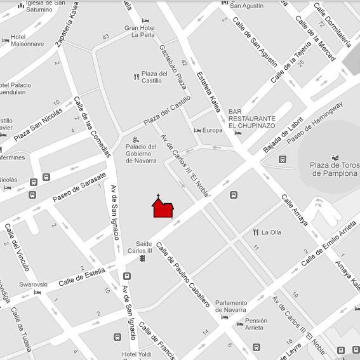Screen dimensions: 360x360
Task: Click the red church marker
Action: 162,208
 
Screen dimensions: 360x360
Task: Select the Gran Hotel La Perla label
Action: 139,31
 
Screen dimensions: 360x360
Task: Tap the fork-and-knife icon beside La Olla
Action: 256,232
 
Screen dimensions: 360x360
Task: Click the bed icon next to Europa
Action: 197,130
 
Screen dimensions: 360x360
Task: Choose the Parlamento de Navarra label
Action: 239,306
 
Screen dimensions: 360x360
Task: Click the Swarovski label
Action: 33,284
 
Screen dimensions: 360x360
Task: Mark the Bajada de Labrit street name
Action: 283,138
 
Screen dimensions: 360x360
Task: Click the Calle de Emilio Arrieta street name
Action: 328,245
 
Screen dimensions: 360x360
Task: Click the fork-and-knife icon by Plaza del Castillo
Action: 135,77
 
